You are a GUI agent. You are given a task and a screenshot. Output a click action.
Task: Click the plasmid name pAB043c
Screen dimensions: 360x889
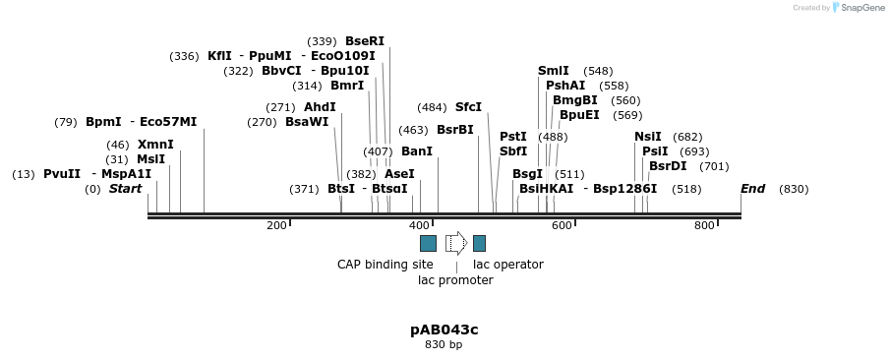point(444,330)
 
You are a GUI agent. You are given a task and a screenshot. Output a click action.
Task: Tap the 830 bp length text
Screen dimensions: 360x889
point(444,345)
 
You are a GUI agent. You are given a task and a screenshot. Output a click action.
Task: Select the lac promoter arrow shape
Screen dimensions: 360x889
point(455,243)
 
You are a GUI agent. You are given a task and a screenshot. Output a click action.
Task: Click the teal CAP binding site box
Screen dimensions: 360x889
point(428,243)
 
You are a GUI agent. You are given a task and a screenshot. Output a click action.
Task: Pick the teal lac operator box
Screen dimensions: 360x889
point(479,243)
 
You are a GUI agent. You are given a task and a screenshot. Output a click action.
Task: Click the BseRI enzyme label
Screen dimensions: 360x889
point(364,41)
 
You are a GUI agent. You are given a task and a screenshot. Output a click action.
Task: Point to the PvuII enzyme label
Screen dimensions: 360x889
point(62,174)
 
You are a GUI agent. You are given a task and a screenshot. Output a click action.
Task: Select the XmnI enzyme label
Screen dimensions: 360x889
point(155,145)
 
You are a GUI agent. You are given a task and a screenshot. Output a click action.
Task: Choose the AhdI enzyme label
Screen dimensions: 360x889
point(320,107)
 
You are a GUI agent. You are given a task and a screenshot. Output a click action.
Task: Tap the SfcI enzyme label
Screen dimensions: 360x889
point(468,107)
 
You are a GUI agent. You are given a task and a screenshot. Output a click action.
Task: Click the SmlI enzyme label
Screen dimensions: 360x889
point(553,71)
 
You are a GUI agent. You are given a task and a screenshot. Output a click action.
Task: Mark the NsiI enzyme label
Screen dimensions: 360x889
point(648,137)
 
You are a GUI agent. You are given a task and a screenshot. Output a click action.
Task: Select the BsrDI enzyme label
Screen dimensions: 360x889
point(668,166)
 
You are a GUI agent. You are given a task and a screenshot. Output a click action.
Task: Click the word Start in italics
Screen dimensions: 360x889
point(125,189)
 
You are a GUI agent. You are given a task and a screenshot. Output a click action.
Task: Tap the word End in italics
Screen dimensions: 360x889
point(752,189)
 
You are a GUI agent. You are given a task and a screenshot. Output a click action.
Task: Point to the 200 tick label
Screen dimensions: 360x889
point(276,226)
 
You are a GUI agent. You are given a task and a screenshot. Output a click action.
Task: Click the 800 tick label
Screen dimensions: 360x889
point(704,226)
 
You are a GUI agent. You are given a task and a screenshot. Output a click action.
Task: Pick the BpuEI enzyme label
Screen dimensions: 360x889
point(579,115)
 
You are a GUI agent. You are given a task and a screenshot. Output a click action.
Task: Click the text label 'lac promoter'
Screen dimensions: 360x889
point(455,280)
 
